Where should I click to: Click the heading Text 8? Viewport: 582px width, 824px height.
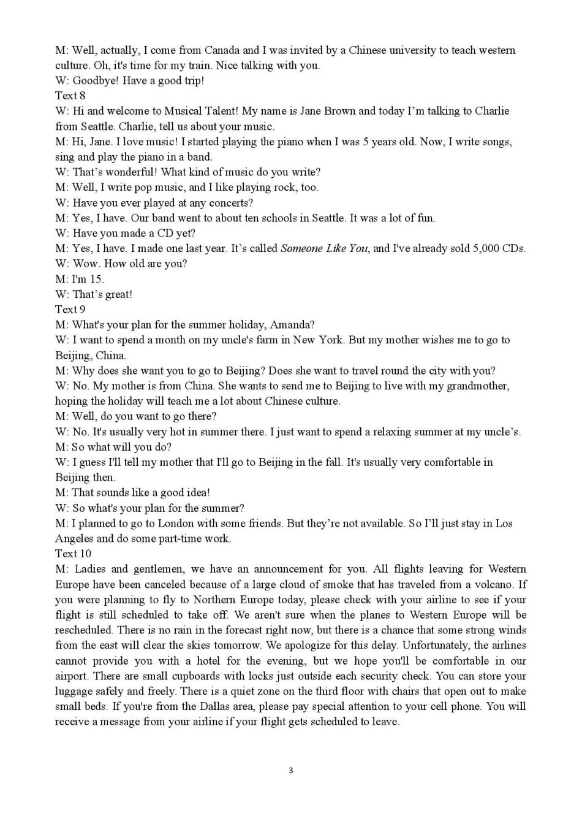pyautogui.click(x=70, y=96)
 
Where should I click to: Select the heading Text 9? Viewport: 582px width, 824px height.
pyautogui.click(x=70, y=310)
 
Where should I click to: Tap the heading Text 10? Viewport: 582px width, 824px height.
pyautogui.click(x=73, y=554)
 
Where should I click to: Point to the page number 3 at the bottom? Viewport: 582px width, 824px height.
pyautogui.click(x=291, y=771)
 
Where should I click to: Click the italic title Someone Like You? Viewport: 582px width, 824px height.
pyautogui.click(x=324, y=248)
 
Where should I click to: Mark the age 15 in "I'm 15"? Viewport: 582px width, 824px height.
pyautogui.click(x=96, y=279)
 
